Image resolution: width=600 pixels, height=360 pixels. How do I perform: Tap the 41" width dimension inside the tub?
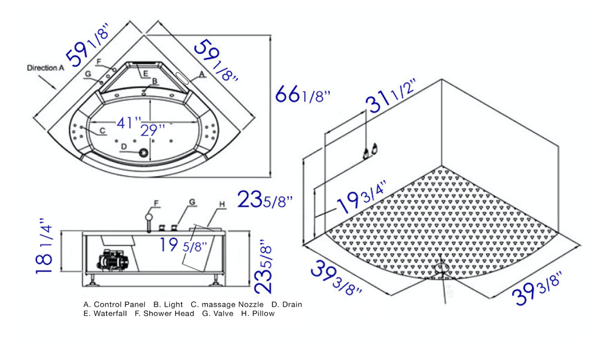click(x=128, y=123)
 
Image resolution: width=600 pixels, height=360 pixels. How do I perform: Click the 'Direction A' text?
click(x=45, y=68)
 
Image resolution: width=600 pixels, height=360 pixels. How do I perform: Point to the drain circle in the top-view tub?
click(x=143, y=153)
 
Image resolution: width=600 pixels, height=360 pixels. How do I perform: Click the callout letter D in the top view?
click(x=124, y=147)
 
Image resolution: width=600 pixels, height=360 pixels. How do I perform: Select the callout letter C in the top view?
click(x=102, y=130)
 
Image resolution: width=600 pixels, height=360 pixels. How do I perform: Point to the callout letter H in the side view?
click(x=221, y=204)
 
